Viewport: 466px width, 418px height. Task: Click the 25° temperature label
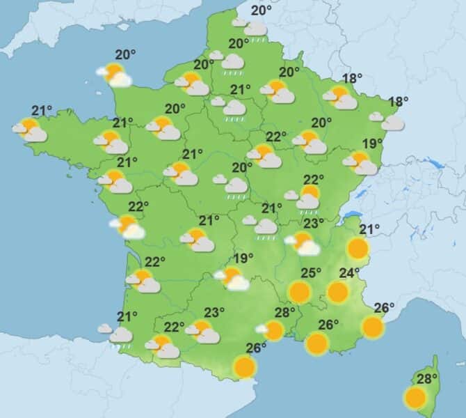(311, 272)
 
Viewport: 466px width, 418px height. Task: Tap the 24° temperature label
(349, 272)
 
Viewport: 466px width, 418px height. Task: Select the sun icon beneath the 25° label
(300, 291)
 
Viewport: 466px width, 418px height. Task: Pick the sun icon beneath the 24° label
(338, 291)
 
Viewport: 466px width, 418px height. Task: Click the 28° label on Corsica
(427, 379)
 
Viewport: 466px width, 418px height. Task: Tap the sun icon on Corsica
(415, 398)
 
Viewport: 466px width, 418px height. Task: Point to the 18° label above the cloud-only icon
(398, 102)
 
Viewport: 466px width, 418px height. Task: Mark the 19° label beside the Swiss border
(373, 144)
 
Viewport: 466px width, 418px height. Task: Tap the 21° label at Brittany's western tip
(42, 109)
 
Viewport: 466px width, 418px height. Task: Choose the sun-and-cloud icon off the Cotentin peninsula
(115, 75)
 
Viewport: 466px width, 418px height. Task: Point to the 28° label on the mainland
(286, 311)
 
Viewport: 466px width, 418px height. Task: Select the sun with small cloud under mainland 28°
(272, 330)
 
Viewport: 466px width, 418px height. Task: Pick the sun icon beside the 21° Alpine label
(357, 247)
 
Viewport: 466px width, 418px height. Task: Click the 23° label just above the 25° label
(313, 223)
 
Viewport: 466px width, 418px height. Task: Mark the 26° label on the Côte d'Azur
(385, 307)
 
